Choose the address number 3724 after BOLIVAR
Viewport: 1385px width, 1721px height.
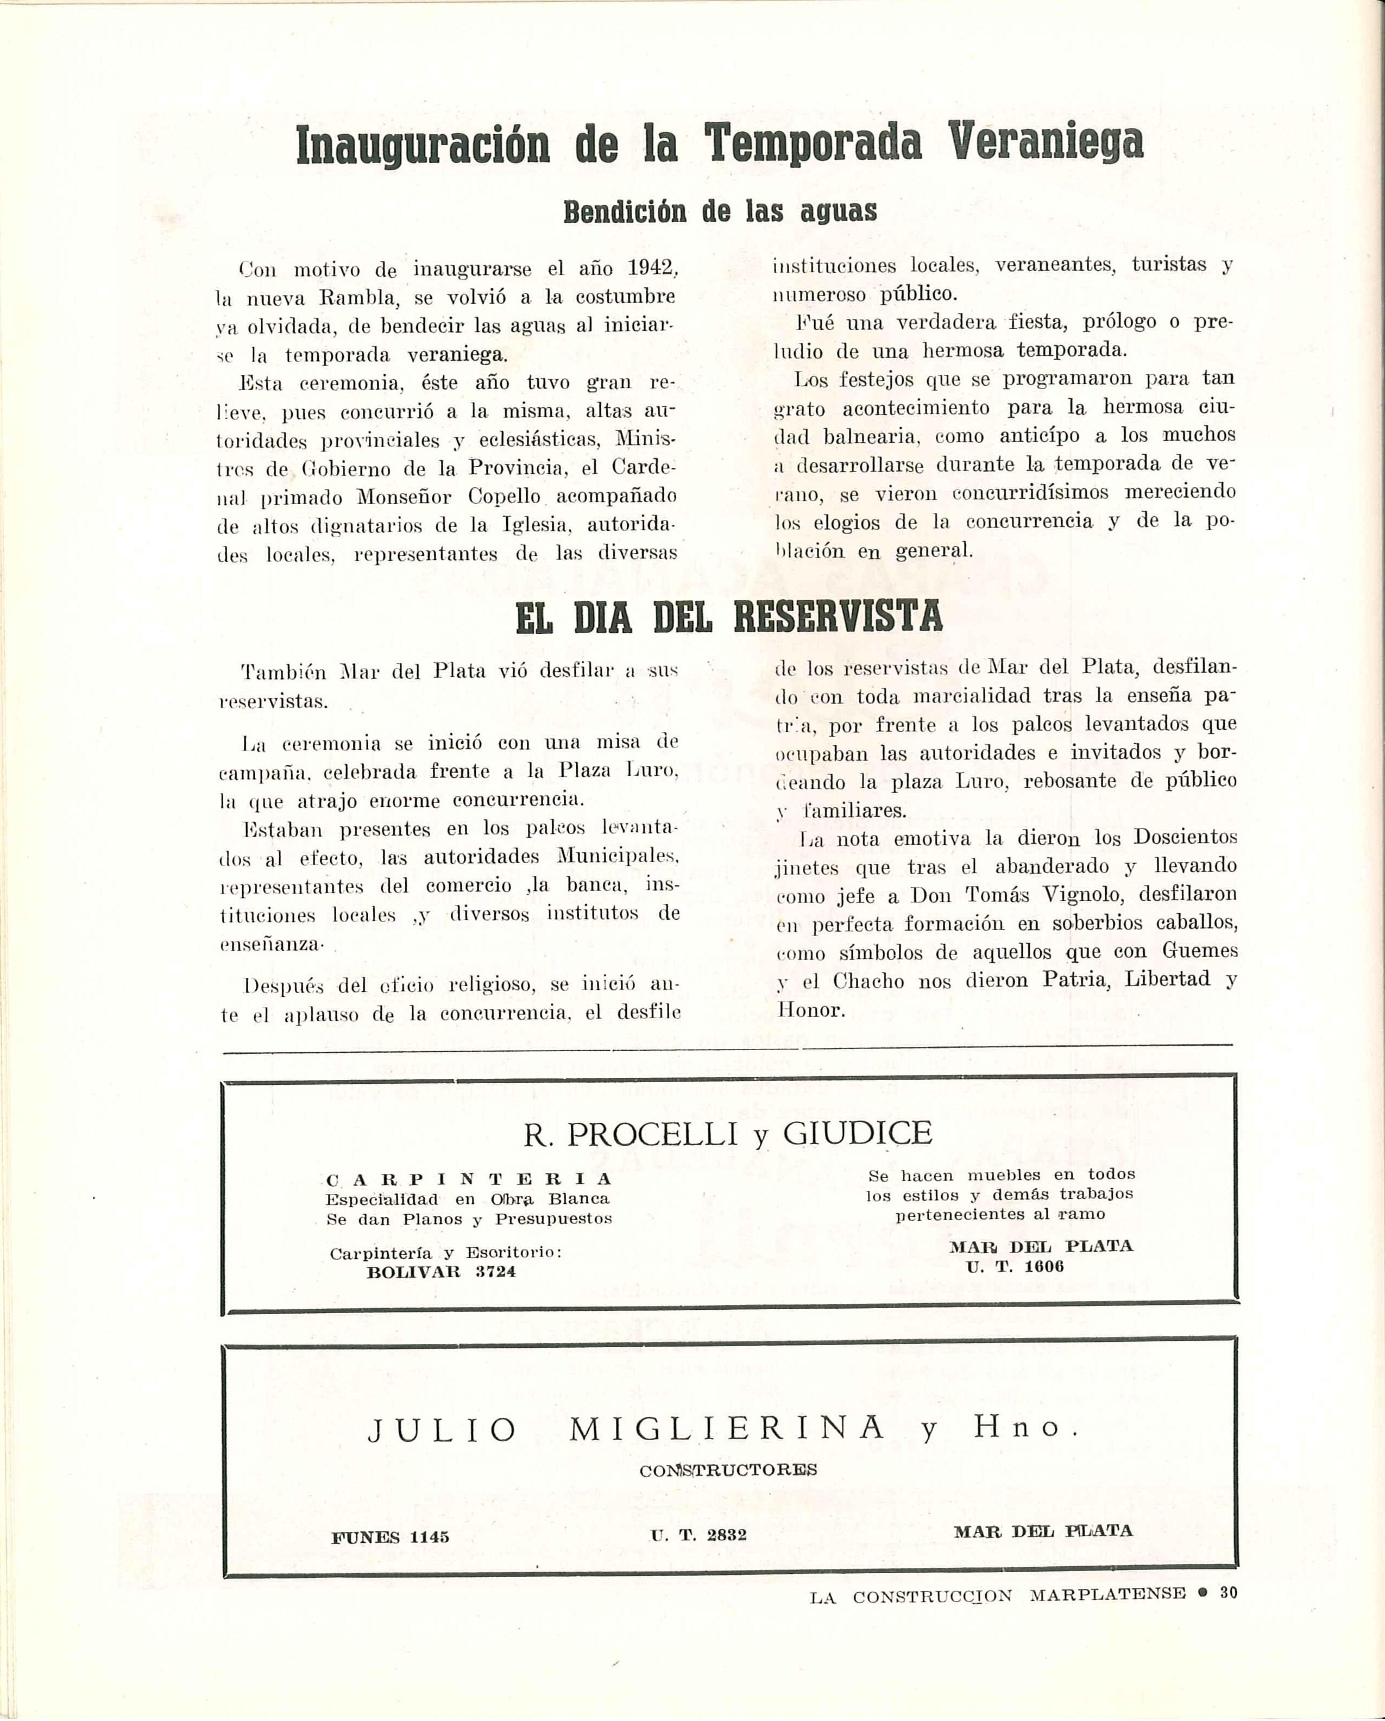click(495, 1272)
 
